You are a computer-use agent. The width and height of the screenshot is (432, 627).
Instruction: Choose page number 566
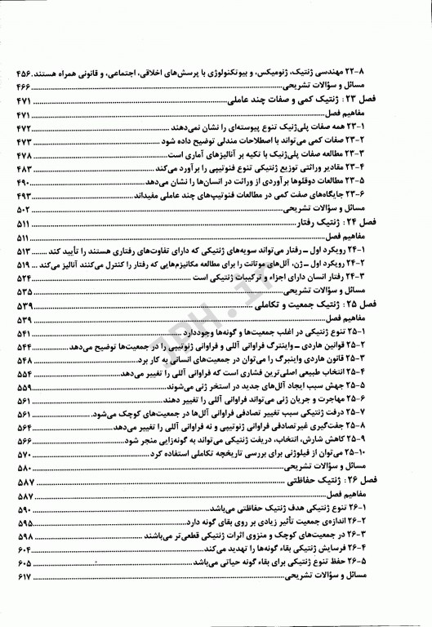click(24, 440)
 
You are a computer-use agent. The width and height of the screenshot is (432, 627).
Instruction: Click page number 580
click(24, 469)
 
